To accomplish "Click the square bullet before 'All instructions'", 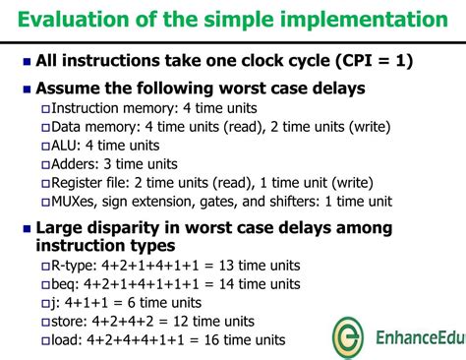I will [27, 62].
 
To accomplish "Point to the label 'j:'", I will [55, 303].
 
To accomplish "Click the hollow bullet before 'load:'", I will [44, 340].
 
